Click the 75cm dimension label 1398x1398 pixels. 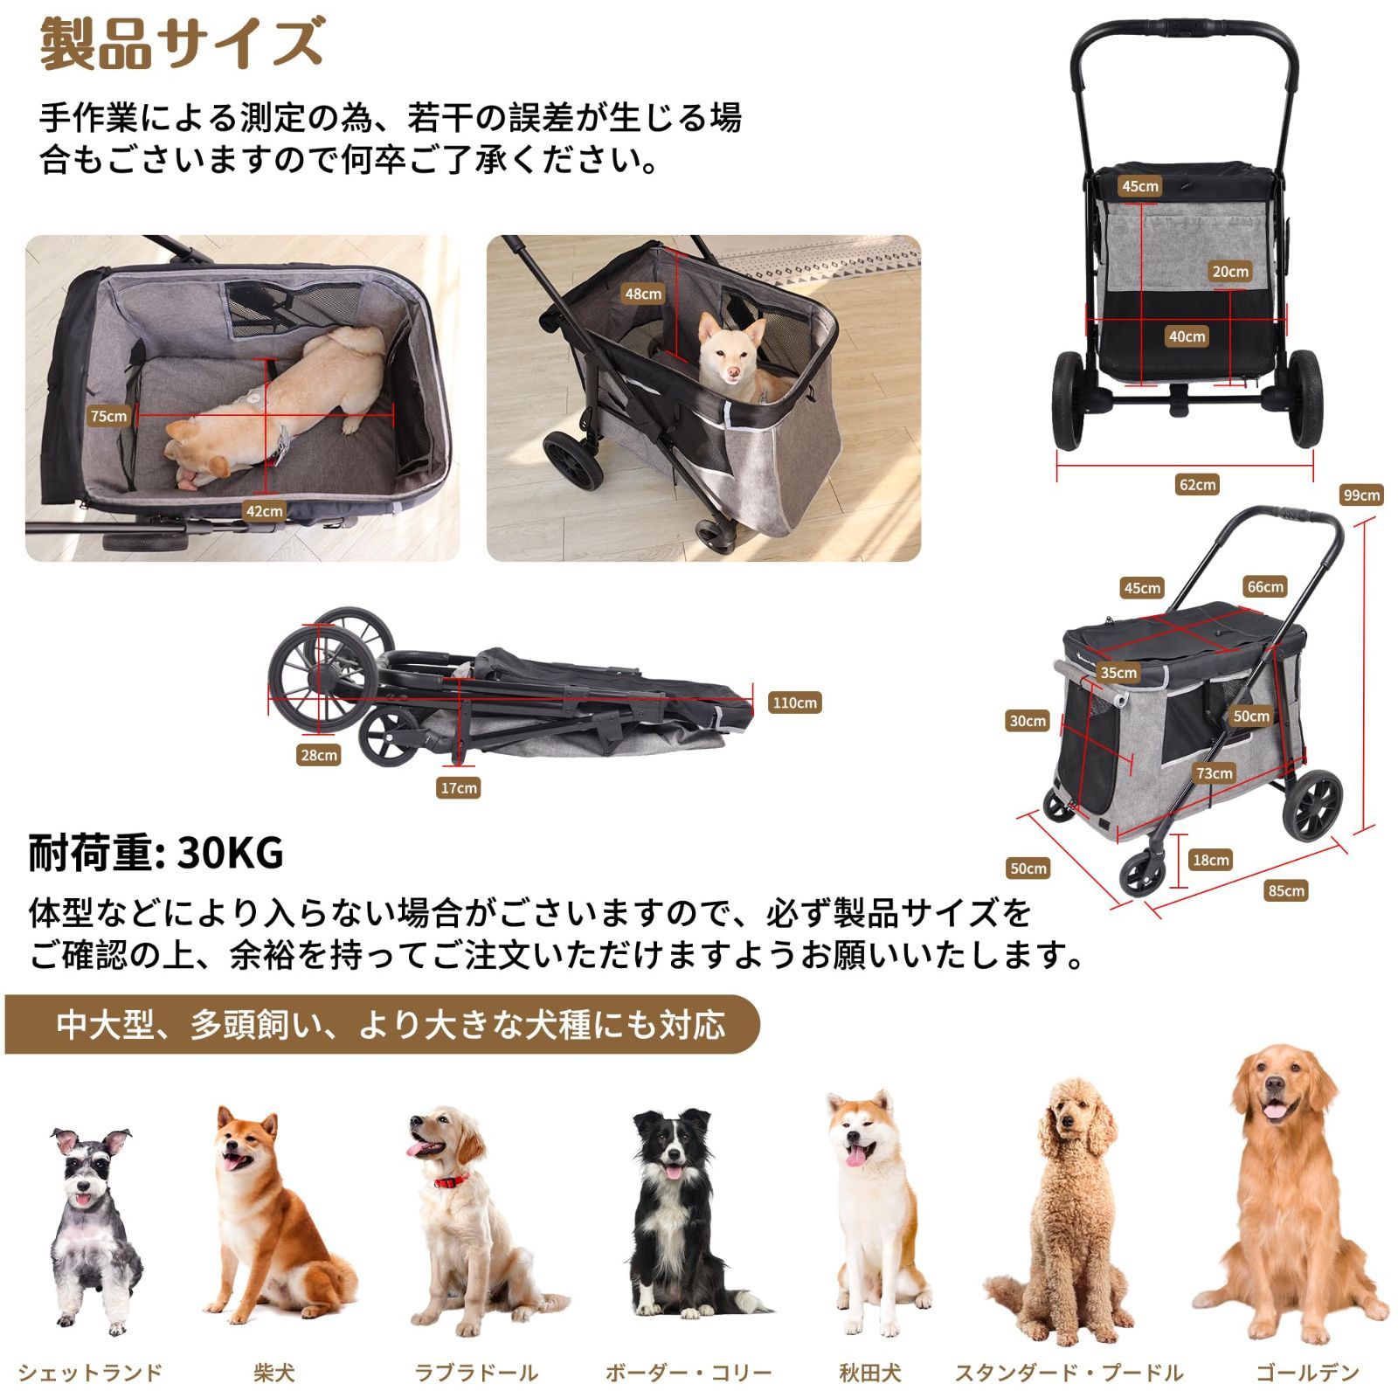tap(109, 416)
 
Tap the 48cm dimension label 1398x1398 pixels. tap(643, 294)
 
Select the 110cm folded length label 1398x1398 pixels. tap(794, 702)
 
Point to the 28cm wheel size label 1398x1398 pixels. tap(318, 755)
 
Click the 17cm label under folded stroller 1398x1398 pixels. tap(459, 788)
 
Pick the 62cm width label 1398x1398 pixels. tap(1197, 485)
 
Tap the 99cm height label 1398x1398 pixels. tap(1361, 495)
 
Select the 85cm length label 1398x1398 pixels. tap(1286, 890)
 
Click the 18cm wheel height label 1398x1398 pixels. tap(1211, 860)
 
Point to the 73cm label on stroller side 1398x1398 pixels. tap(1215, 773)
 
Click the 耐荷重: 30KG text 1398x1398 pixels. tap(156, 853)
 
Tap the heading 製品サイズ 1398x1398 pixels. tap(182, 44)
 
